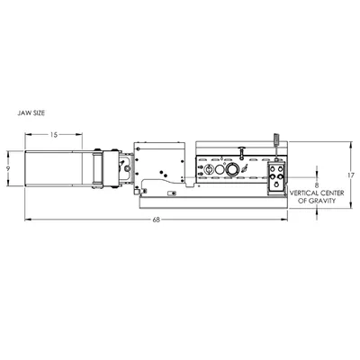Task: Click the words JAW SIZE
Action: (31, 113)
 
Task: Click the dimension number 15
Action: (53, 135)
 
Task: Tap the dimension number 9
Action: (8, 168)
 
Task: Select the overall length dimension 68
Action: (156, 220)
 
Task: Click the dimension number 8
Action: (317, 184)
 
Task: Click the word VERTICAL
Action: (303, 193)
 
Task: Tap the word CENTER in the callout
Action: (332, 193)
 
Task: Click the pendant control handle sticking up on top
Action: (276, 140)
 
